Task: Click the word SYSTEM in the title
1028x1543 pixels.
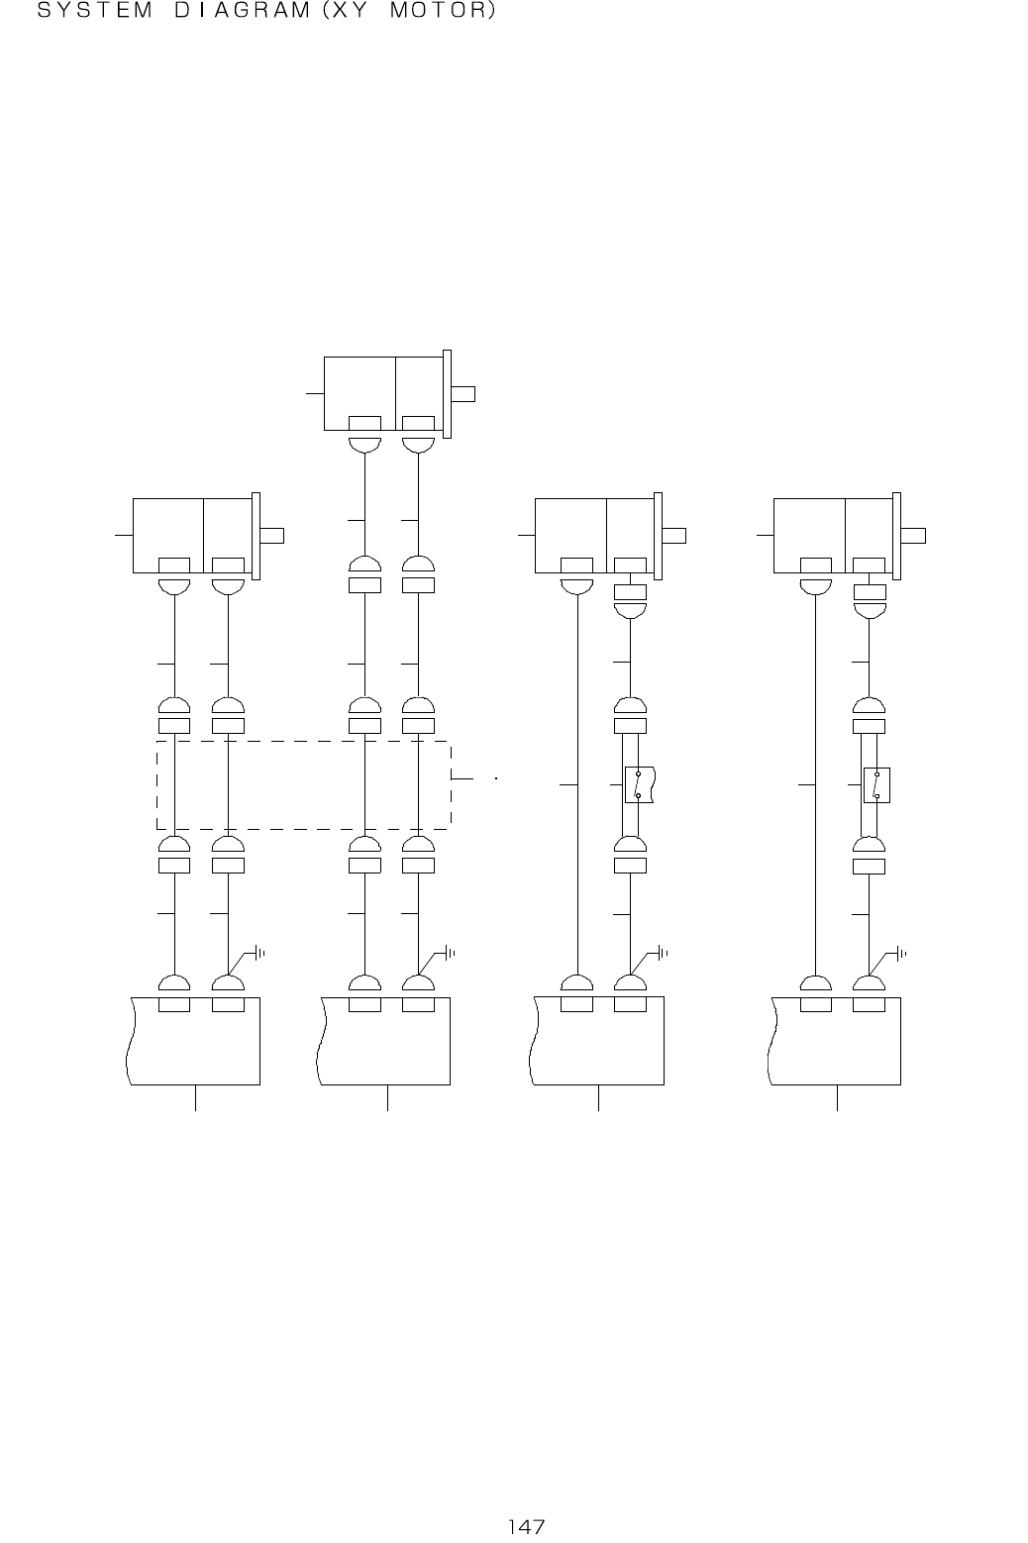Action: tap(94, 10)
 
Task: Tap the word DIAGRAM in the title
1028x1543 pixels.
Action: tap(242, 10)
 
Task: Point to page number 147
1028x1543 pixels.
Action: tap(527, 1527)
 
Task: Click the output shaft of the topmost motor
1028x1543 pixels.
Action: tap(463, 394)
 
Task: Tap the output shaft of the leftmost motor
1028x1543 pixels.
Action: tap(271, 535)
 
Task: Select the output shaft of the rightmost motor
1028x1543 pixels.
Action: tap(913, 535)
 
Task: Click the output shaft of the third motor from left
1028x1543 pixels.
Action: tap(673, 535)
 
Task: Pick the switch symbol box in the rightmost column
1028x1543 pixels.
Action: tap(876, 785)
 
